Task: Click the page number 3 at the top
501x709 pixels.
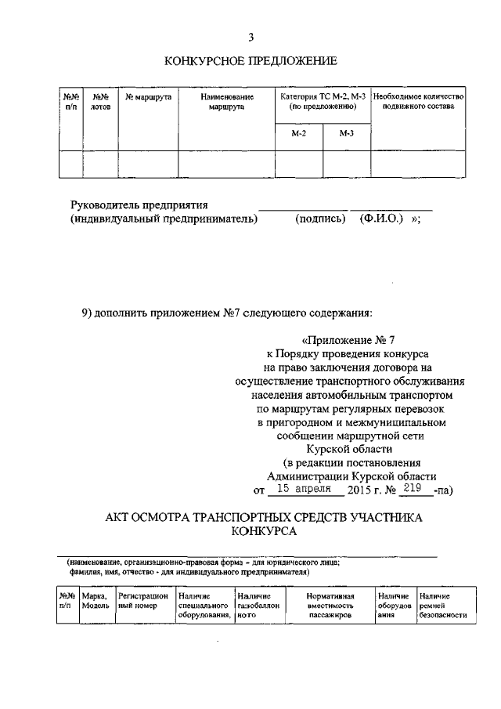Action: [250, 37]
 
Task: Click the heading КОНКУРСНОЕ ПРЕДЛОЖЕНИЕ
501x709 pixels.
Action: [250, 60]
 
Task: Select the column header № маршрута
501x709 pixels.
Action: [148, 96]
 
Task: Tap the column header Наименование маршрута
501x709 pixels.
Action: [226, 101]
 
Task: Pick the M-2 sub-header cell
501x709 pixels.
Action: [299, 134]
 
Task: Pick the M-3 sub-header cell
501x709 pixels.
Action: [347, 134]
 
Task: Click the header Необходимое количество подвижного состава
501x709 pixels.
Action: [419, 101]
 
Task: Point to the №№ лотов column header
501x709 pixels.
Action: [100, 101]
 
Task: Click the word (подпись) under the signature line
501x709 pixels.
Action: [320, 219]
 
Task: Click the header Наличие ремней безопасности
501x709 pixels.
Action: [442, 606]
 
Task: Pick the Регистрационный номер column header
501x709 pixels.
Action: [143, 601]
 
